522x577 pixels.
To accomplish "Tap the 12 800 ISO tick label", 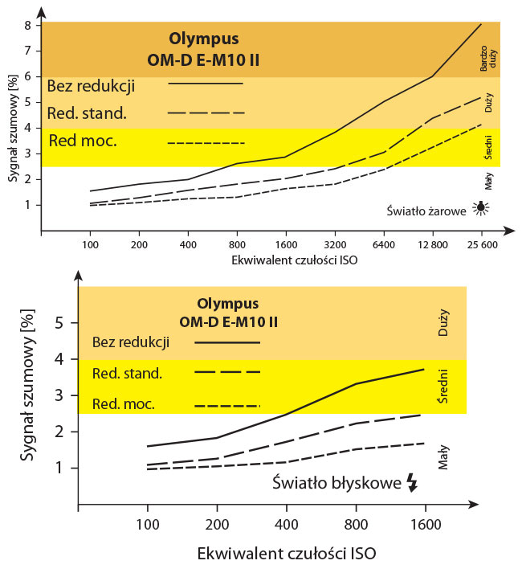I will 432,244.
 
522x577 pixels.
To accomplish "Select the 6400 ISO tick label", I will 383,244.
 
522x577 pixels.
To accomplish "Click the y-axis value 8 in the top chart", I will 27,25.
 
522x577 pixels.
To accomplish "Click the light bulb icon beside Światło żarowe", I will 481,207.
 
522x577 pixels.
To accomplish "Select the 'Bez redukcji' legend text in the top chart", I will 91,85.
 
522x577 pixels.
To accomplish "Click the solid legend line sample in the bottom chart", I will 228,342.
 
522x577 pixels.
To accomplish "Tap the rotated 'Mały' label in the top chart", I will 488,182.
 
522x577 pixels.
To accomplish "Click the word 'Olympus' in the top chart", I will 204,38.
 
